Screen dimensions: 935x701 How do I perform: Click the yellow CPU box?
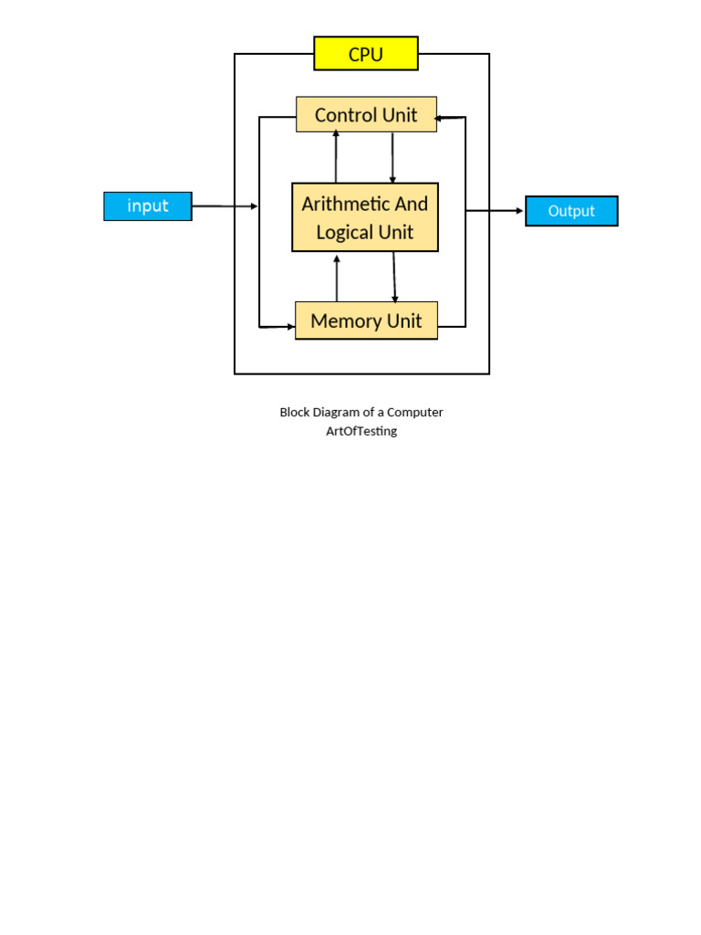(365, 54)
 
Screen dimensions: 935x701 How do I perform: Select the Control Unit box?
(366, 115)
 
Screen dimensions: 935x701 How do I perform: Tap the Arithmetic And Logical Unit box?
(365, 217)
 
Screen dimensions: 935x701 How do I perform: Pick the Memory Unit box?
(366, 320)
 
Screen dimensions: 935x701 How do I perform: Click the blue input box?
(148, 206)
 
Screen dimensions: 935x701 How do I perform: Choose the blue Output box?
(571, 211)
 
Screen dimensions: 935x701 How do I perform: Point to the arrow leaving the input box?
(225, 206)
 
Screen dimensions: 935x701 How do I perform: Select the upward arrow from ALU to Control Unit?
(336, 157)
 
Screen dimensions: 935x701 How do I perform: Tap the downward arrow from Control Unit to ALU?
(392, 157)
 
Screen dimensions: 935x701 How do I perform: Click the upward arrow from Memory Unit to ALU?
(337, 278)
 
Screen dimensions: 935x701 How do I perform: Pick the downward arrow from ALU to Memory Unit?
(394, 277)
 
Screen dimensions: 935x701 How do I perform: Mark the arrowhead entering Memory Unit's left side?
(290, 327)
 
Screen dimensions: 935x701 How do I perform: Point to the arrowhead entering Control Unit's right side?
(439, 118)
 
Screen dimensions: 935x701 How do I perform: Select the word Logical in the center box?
(345, 232)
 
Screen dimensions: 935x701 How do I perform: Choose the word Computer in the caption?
(414, 413)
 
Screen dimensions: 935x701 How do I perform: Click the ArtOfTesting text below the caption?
(361, 431)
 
